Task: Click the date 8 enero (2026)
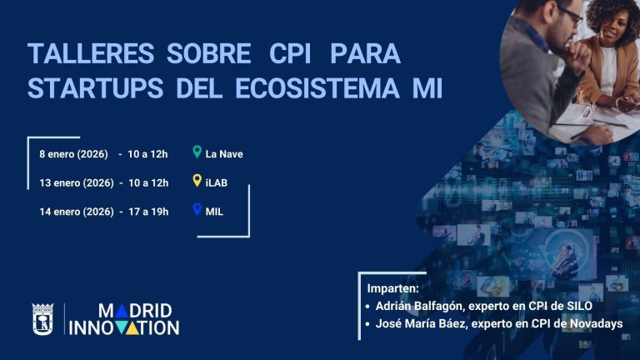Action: [x=73, y=154]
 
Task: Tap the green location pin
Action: [x=197, y=152]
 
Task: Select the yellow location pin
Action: [x=197, y=181]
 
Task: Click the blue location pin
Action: [x=197, y=209]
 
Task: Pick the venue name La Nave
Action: [x=224, y=154]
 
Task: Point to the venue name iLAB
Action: [x=217, y=182]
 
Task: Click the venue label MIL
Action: [x=214, y=211]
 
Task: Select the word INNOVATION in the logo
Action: [x=124, y=327]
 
